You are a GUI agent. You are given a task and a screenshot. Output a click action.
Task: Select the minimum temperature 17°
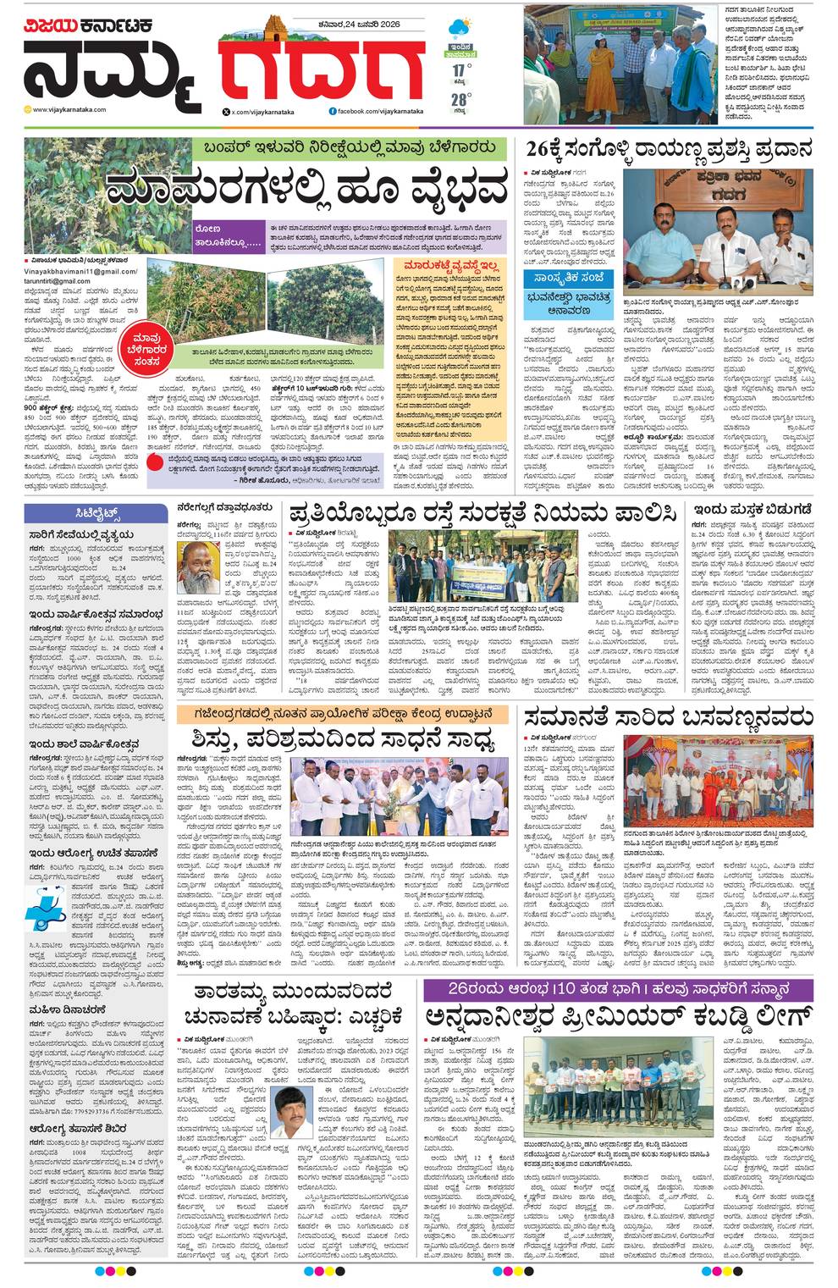[x=460, y=69]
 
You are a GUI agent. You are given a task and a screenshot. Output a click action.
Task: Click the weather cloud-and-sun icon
[x=460, y=28]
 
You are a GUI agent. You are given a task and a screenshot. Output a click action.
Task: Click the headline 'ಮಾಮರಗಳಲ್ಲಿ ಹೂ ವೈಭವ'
[x=307, y=189]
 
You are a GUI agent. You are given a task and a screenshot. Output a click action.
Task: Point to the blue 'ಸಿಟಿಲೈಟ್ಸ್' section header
[x=96, y=513]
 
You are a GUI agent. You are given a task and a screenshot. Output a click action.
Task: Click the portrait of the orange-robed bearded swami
[x=198, y=567]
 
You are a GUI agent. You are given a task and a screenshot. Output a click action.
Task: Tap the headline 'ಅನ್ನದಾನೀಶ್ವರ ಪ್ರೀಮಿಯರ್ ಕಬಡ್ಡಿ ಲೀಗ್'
[x=620, y=1014]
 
